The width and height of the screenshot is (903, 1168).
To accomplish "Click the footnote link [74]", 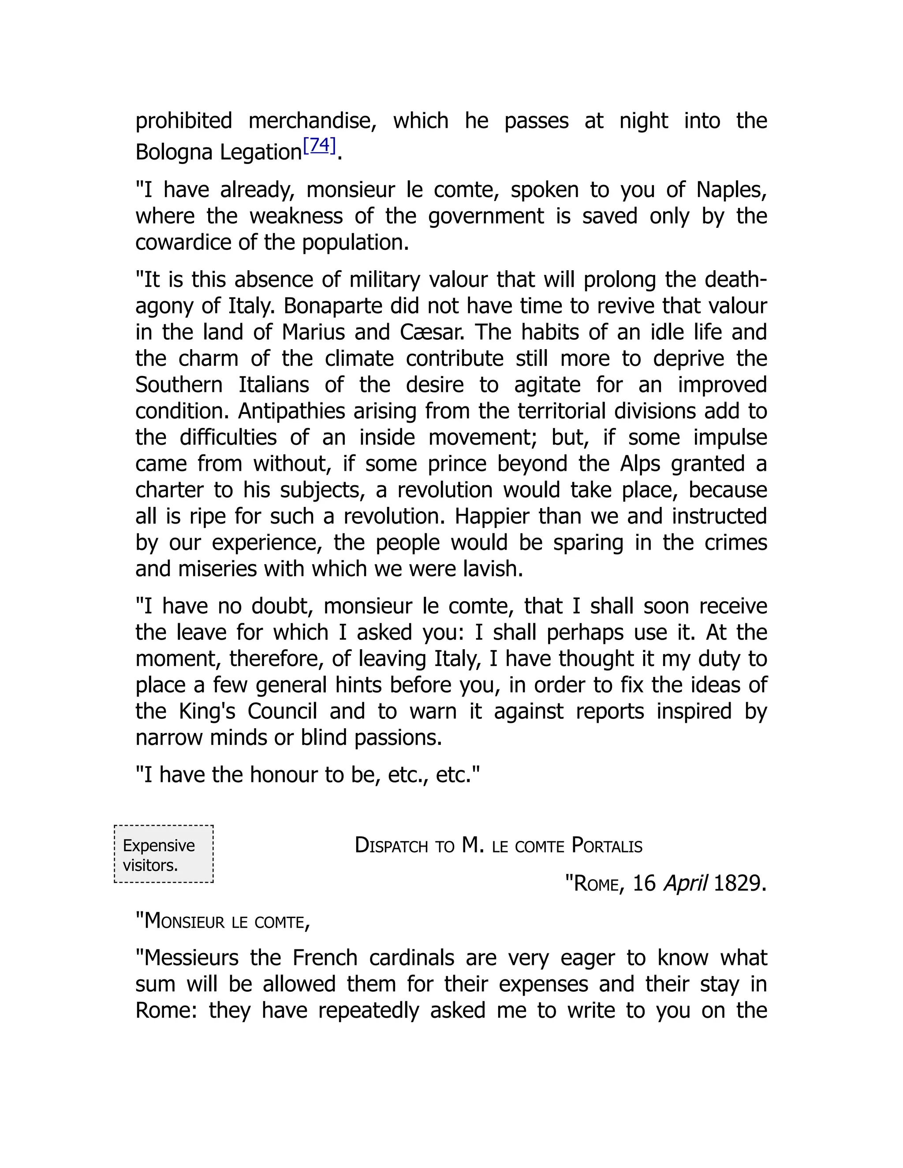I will point(319,145).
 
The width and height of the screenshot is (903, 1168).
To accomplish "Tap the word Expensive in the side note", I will point(159,845).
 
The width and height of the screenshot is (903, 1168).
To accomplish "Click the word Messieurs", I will point(191,958).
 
